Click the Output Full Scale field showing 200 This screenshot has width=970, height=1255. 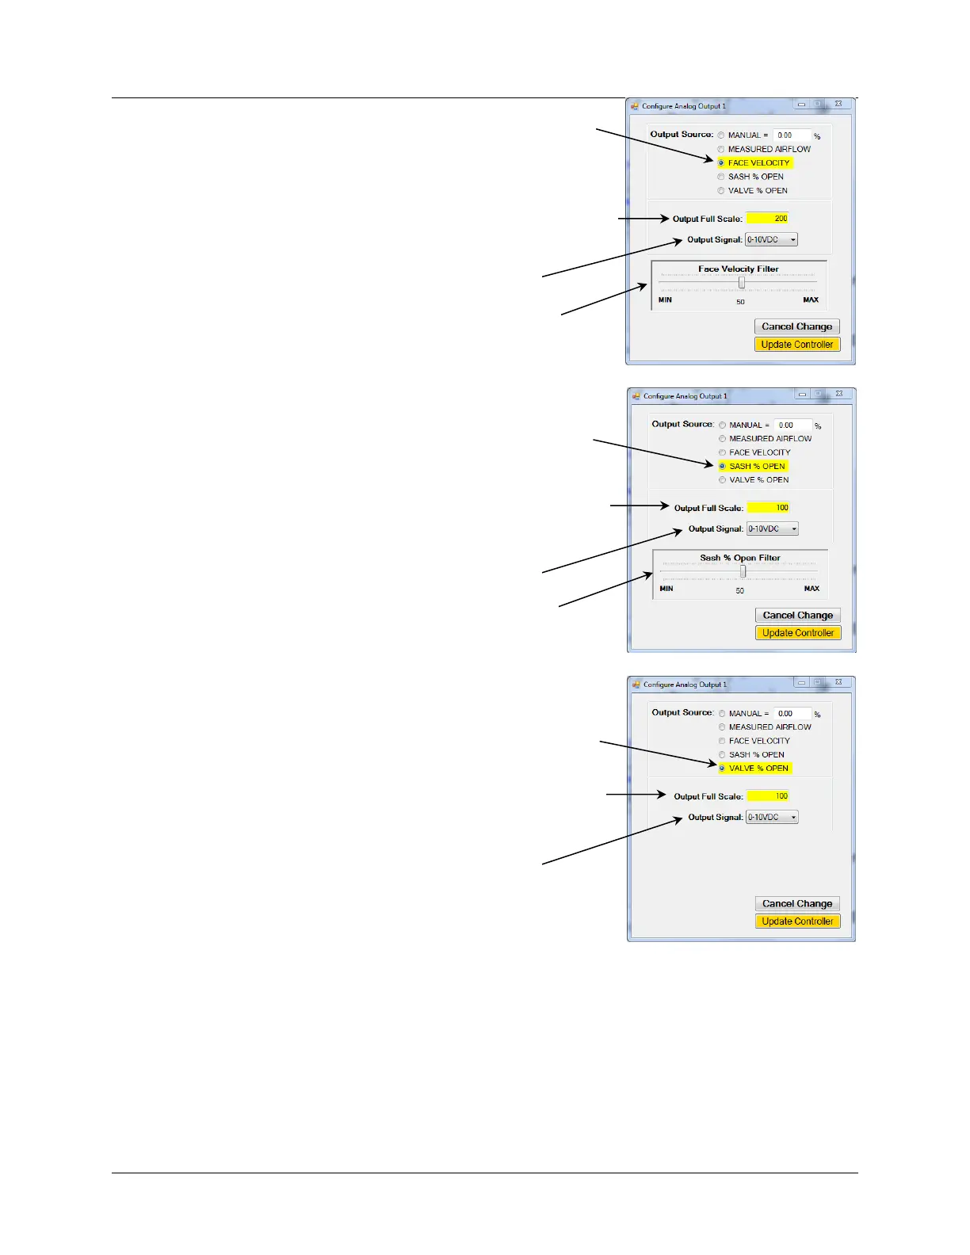pos(767,219)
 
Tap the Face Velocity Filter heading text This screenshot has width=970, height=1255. pos(738,269)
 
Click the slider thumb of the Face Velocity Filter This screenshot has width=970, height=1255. pos(742,283)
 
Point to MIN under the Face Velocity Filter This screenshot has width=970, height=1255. pos(665,300)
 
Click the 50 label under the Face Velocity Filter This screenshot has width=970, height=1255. pos(740,302)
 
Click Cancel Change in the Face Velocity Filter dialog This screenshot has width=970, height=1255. pos(796,326)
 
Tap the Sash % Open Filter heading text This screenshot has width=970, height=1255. pos(739,558)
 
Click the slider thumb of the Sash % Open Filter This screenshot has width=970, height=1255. pos(743,571)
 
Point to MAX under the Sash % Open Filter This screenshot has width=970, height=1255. pos(812,589)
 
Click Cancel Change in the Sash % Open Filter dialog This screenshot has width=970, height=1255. pos(797,616)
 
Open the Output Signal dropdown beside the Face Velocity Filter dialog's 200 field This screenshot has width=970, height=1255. pos(771,240)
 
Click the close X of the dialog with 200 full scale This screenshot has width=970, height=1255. pos(838,105)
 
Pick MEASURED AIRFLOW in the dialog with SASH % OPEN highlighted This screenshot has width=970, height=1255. pos(723,439)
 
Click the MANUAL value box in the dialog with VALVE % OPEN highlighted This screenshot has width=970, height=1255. pos(792,714)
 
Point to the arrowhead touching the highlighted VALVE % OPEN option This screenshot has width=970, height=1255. pos(713,764)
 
